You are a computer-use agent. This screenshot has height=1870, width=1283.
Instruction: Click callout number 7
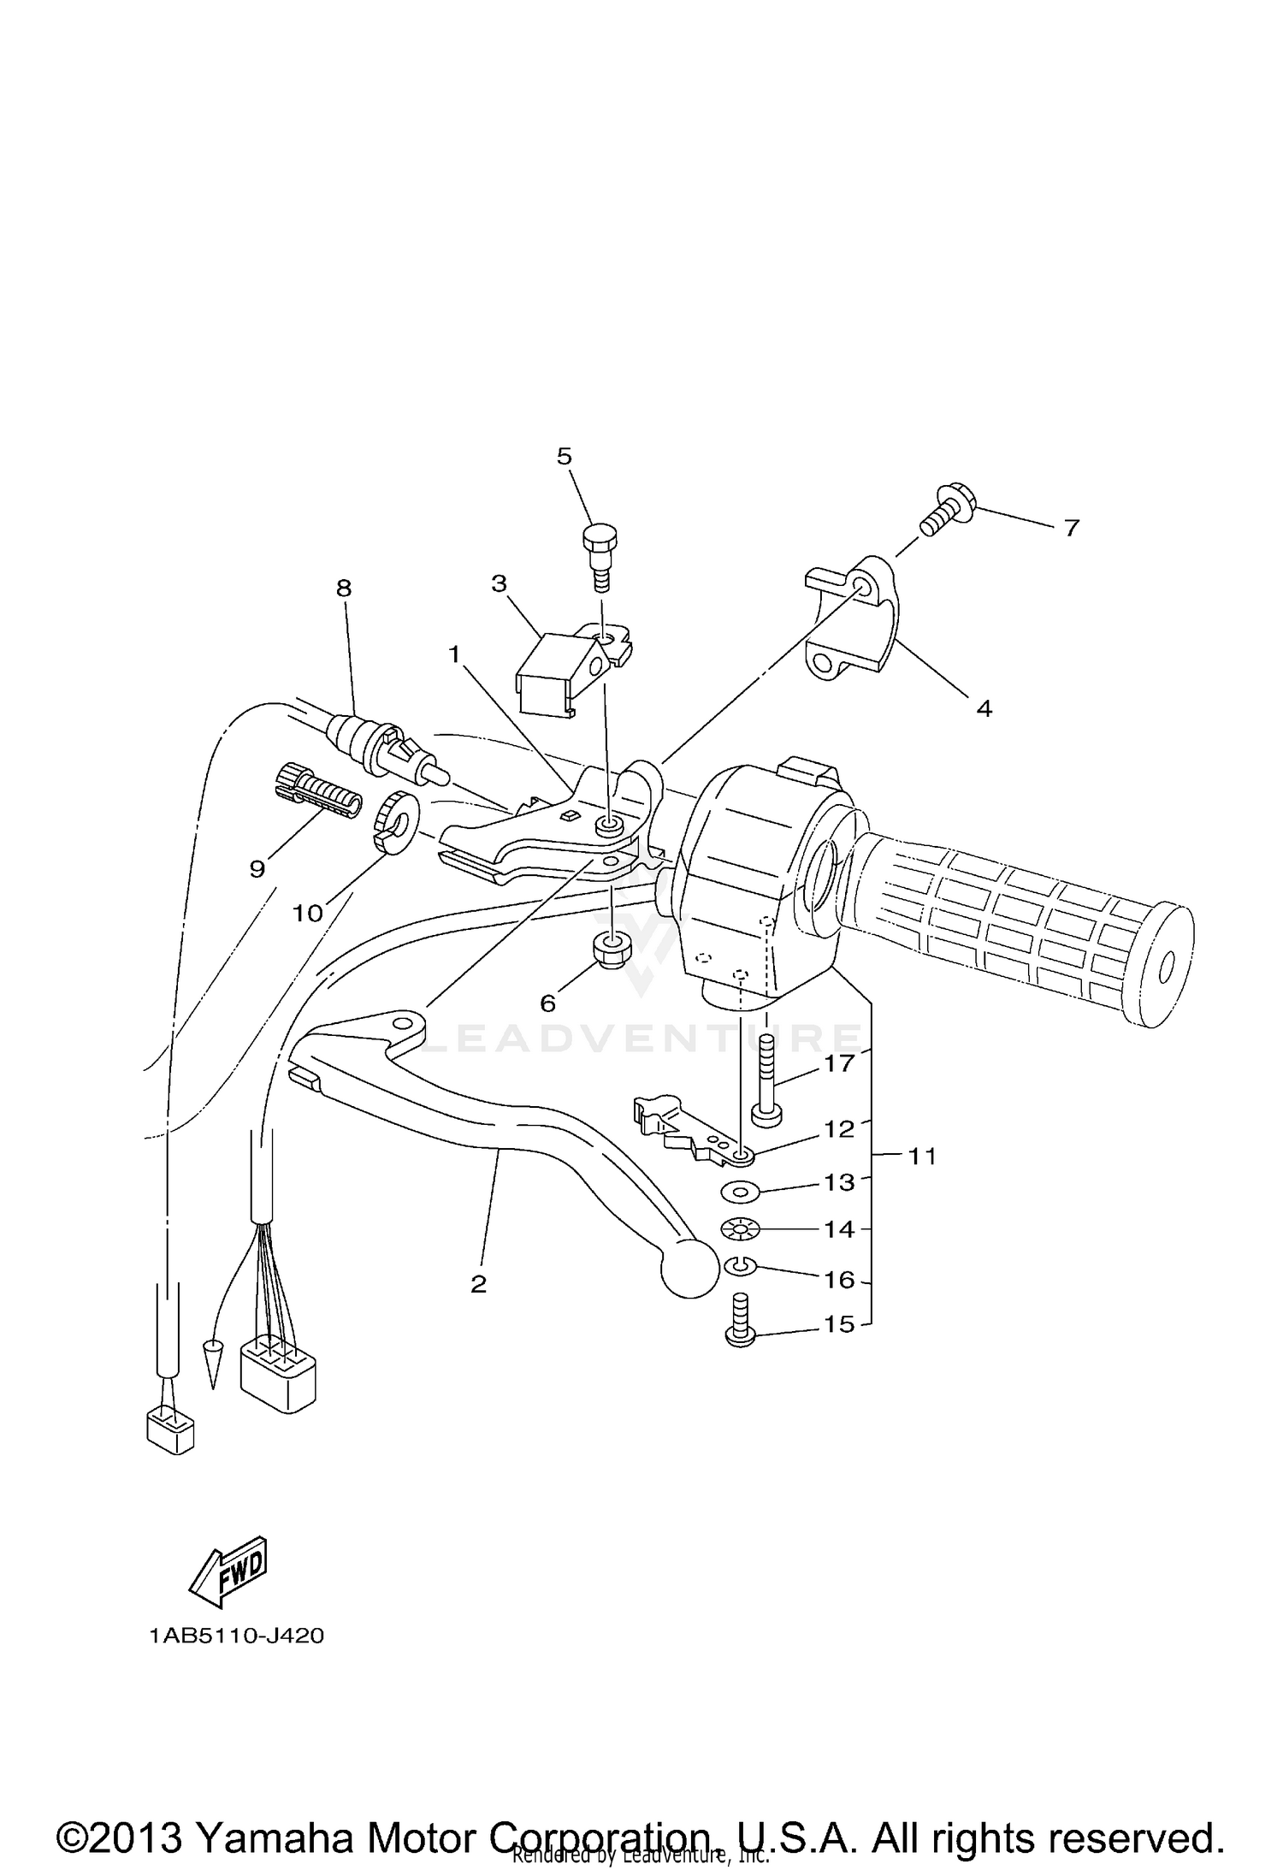coord(1071,528)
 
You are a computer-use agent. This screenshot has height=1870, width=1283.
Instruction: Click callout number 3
coord(499,583)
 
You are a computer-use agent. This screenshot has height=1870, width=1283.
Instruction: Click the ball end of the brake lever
coord(688,1279)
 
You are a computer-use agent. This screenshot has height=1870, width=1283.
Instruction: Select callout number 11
coord(922,1157)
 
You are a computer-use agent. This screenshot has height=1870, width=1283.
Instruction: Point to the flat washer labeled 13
coord(741,1190)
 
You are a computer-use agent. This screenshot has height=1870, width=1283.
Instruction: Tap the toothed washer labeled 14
coord(741,1230)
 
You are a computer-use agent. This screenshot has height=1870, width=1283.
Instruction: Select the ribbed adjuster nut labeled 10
coord(394,821)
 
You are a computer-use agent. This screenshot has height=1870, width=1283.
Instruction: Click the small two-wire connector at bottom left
coord(171,1431)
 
